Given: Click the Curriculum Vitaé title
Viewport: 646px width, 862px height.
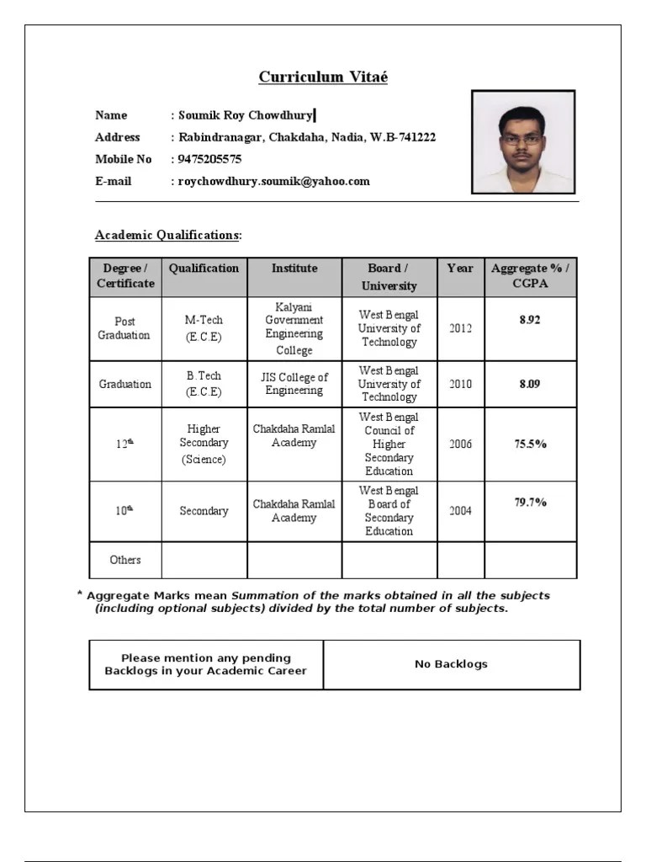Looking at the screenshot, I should coord(323,77).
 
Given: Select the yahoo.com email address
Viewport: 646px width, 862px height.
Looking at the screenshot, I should coord(273,181).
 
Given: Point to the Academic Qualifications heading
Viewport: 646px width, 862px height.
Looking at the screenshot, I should coord(168,235).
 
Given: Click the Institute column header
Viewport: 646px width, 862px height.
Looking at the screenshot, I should coord(294,269).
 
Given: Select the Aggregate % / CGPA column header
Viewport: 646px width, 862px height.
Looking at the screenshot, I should coord(530,276).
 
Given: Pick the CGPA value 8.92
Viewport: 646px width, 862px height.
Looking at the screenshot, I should coord(530,320).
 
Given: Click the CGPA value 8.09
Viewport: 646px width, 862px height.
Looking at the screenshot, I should coord(530,384).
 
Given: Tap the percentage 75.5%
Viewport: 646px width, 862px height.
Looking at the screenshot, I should coord(531,444).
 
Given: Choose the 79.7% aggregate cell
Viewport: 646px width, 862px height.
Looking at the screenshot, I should coord(531,503).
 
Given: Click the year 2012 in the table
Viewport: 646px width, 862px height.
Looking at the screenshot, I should coord(460,328).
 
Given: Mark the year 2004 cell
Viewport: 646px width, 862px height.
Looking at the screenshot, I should coord(460,510).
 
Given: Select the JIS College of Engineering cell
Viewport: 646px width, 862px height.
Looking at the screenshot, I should coord(294,384).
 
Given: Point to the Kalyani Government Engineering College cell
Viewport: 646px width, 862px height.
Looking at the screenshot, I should coord(294,328).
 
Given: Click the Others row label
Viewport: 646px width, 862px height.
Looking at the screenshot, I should coord(125,560).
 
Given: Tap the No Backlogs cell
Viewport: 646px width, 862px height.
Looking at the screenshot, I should coord(451,664).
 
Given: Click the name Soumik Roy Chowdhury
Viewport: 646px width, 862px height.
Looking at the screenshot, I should coord(246,115).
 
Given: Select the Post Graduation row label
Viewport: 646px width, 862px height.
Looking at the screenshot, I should coord(124,328).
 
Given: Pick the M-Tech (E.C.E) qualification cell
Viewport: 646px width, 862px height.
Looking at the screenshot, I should coord(204,328).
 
